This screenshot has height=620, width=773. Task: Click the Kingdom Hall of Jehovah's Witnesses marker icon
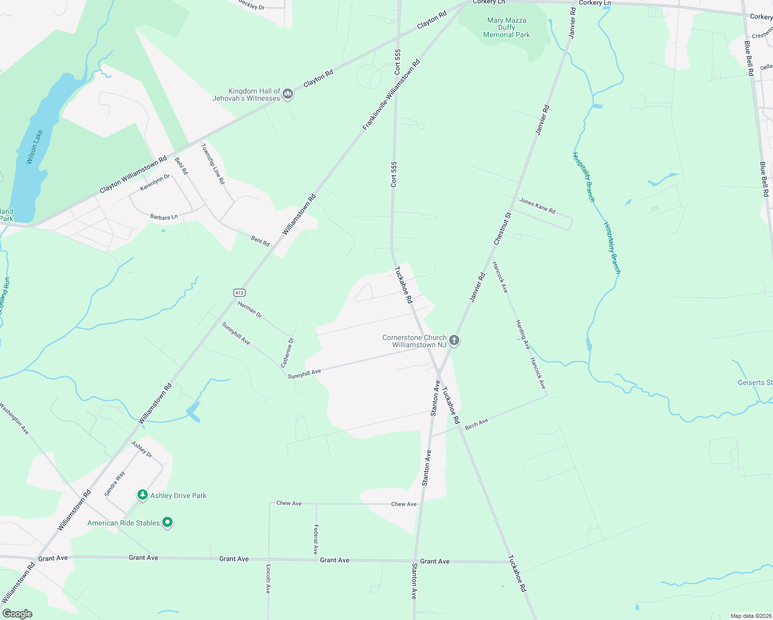click(x=288, y=94)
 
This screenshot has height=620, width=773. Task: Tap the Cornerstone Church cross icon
click(x=454, y=340)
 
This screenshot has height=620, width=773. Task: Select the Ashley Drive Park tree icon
click(x=142, y=495)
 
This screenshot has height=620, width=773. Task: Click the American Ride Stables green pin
click(x=167, y=522)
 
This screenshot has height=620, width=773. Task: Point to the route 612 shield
click(x=239, y=292)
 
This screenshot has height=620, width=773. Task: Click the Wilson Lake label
click(x=35, y=147)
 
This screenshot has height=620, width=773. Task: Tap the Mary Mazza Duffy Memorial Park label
click(x=506, y=28)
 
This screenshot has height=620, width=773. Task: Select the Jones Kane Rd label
click(x=537, y=206)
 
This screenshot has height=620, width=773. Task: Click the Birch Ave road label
click(x=476, y=424)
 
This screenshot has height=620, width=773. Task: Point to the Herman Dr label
click(x=250, y=309)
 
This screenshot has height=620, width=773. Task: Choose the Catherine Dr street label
click(x=287, y=352)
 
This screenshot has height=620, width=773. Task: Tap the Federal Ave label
click(x=316, y=539)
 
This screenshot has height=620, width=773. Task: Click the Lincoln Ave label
click(x=268, y=579)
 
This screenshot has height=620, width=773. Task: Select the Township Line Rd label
click(x=213, y=164)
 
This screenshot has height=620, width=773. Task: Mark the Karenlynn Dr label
click(x=155, y=182)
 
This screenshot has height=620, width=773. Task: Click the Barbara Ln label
click(x=164, y=217)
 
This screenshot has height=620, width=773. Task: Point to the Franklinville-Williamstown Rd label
click(x=391, y=95)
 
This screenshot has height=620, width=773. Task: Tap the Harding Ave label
click(x=522, y=334)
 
